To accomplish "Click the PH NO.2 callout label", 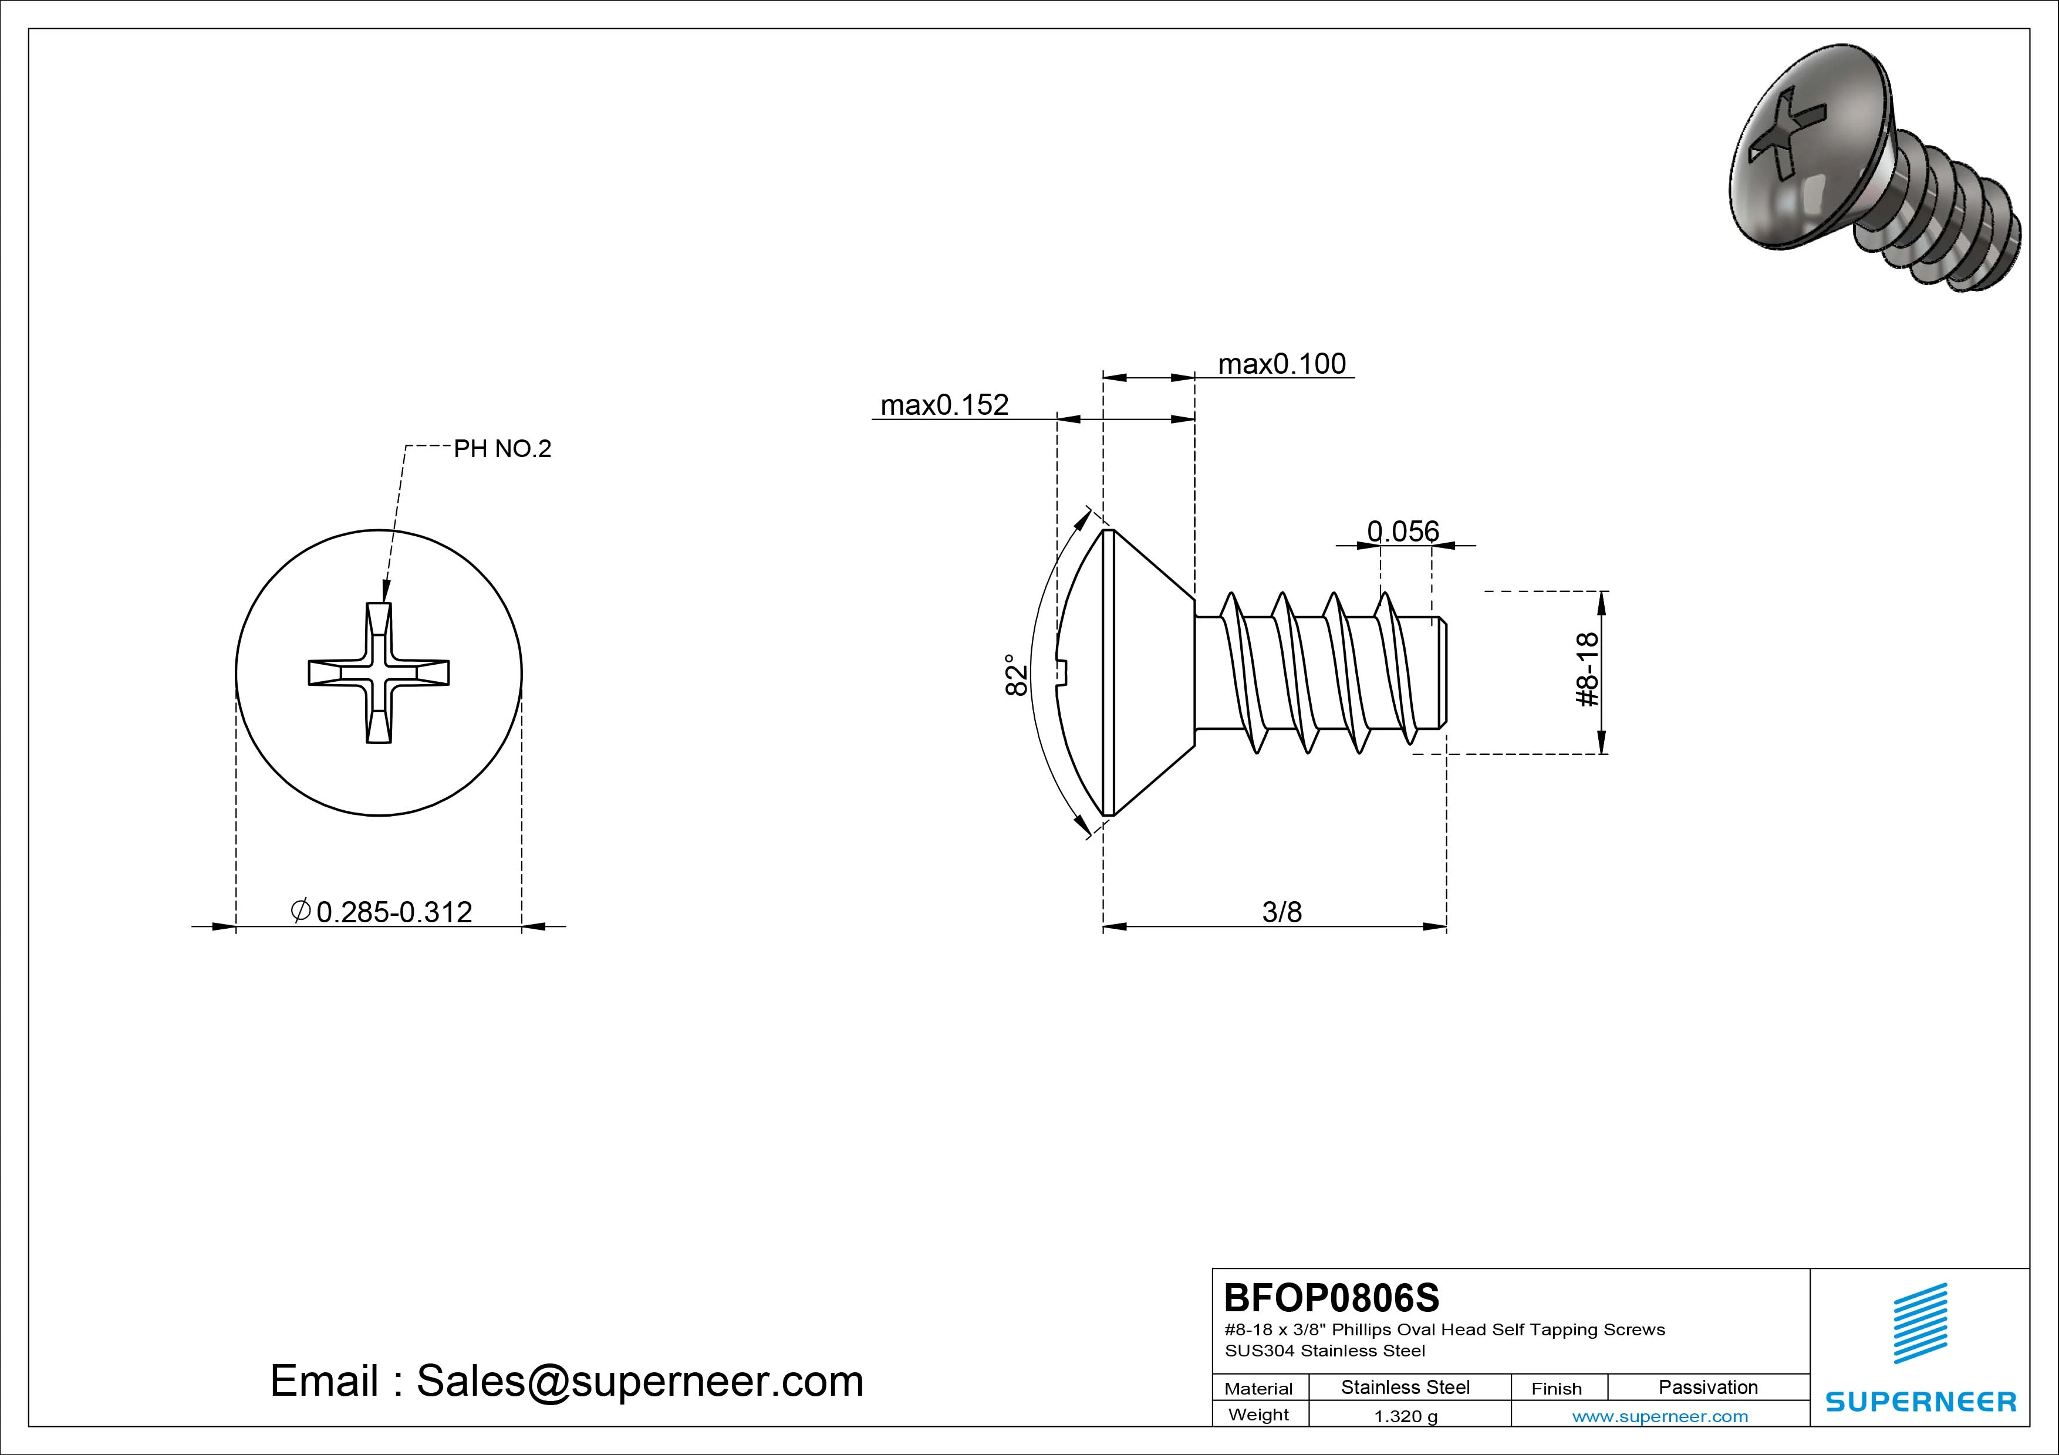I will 502,449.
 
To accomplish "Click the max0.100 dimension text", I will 1281,364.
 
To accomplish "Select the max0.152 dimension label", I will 944,405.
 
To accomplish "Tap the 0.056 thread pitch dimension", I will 1403,532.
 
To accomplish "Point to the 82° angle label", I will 1016,674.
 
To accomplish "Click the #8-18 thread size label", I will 1587,669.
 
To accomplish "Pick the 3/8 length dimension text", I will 1281,913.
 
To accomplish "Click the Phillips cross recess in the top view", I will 379,674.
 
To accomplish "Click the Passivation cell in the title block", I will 1707,1388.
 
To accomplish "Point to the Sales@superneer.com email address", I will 639,1382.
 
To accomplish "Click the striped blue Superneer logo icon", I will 1919,1336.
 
